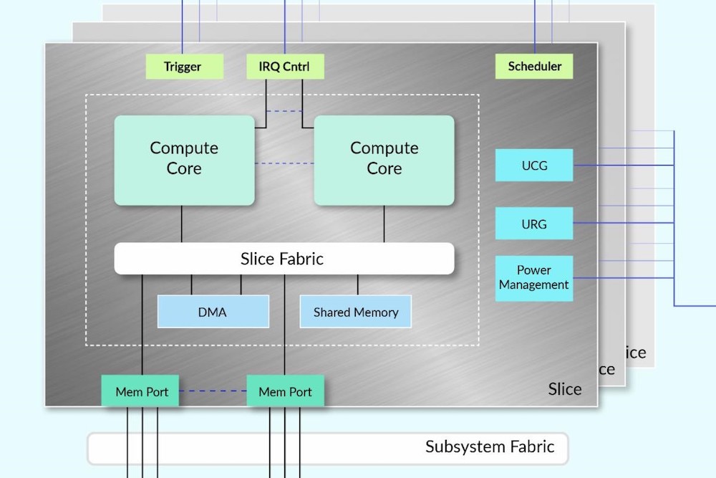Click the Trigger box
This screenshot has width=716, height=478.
[x=183, y=67]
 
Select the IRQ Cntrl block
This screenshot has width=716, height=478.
[x=284, y=67]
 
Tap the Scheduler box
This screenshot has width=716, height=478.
[x=534, y=67]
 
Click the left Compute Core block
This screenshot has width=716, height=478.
[x=184, y=159]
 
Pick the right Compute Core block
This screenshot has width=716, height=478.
[x=384, y=159]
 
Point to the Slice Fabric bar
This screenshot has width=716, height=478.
[x=284, y=259]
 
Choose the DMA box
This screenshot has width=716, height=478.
[x=213, y=312]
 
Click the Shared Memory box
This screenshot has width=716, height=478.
[x=355, y=312]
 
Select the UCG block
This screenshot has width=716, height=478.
[x=534, y=166]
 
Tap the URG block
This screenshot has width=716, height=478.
[x=534, y=224]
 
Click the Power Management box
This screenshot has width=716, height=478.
[x=534, y=278]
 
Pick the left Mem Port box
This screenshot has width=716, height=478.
[x=141, y=391]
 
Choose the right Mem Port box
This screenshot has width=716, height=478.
[x=285, y=391]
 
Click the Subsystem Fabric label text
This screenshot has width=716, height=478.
[x=490, y=447]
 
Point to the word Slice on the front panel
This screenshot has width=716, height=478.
[x=565, y=389]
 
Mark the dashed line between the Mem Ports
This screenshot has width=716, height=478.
[x=213, y=391]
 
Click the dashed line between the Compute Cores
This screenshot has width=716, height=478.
[x=284, y=163]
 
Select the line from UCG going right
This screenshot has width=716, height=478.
[x=623, y=166]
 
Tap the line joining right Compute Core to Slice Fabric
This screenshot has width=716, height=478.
[x=384, y=224]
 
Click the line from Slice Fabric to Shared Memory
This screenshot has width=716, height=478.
[x=358, y=285]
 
